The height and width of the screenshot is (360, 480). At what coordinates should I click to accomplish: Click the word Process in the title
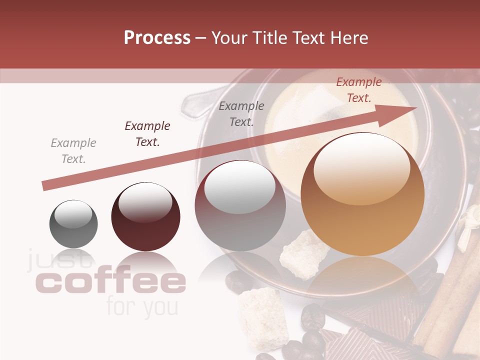(x=157, y=38)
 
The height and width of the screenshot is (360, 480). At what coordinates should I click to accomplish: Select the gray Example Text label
(x=73, y=150)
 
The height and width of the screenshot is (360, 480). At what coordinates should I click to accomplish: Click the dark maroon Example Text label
(x=147, y=133)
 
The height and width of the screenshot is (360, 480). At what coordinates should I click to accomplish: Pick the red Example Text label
(x=359, y=90)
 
